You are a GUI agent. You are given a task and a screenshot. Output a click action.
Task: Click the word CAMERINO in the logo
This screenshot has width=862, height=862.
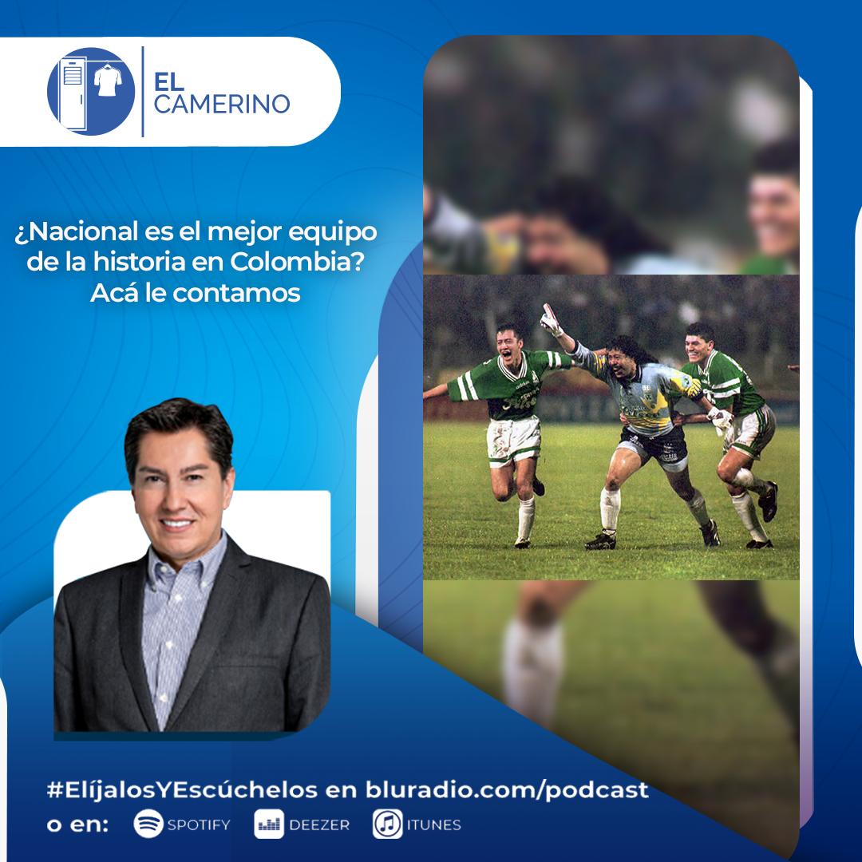click(x=222, y=104)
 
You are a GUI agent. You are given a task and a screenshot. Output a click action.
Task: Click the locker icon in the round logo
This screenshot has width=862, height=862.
click(x=73, y=92)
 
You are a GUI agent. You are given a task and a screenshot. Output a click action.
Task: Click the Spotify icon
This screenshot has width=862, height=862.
click(x=148, y=824)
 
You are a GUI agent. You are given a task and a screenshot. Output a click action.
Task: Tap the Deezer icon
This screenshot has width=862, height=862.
click(x=269, y=824)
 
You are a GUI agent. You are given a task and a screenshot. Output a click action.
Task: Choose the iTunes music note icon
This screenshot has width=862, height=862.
click(x=387, y=824)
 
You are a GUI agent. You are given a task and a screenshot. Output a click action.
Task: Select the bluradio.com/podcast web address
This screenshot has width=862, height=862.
click(x=507, y=790)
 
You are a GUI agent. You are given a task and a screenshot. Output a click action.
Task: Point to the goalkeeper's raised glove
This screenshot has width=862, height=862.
click(x=550, y=320)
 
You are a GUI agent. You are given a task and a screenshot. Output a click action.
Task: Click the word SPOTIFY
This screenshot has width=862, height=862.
click(x=199, y=825)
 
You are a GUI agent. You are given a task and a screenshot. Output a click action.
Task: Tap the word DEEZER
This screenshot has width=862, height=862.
click(x=318, y=825)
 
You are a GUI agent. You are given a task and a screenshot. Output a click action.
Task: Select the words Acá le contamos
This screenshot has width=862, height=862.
click(x=196, y=293)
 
